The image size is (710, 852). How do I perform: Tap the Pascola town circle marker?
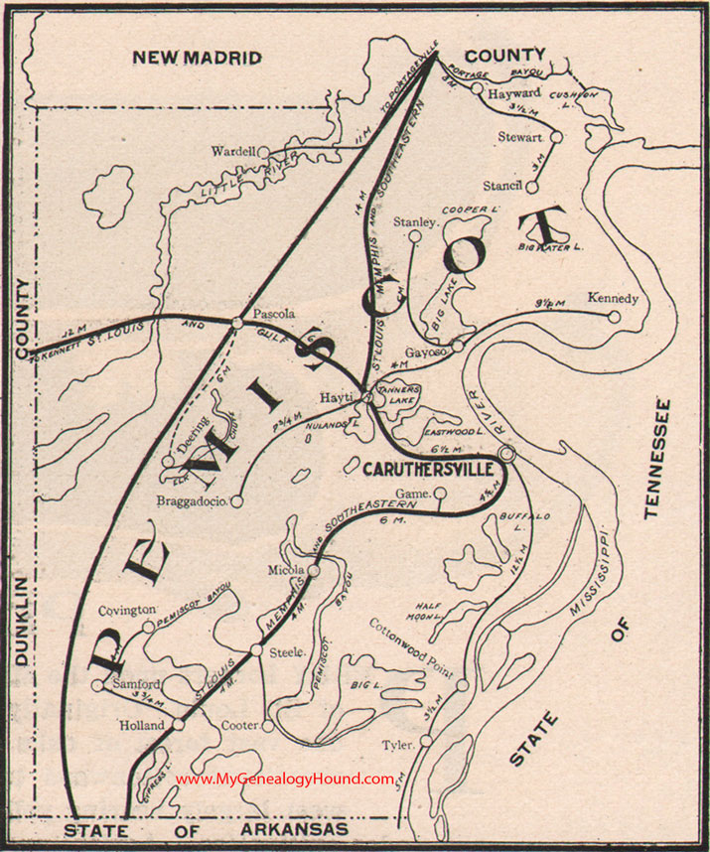[x=236, y=322]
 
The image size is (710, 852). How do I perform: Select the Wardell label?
[x=233, y=152]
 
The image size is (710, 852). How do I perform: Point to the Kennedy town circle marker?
[x=615, y=318]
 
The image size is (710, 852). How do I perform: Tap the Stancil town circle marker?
[x=531, y=186]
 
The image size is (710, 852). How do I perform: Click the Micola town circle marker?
[x=314, y=571]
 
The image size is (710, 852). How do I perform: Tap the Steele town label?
[x=285, y=652]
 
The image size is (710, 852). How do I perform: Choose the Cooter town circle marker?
[x=267, y=726]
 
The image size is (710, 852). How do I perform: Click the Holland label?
[x=143, y=726]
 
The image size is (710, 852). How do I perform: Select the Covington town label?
[x=127, y=609]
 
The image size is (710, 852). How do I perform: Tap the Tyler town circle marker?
[x=426, y=741]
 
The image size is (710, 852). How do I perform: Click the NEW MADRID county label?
[x=198, y=59]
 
